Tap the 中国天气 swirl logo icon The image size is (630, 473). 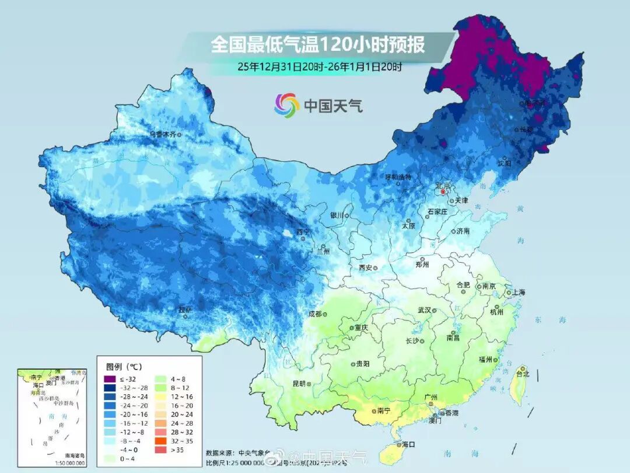[287, 105]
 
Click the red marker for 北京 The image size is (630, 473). [443, 192]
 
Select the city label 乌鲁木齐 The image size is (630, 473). [163, 134]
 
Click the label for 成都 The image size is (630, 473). [315, 314]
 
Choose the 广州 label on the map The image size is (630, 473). [431, 397]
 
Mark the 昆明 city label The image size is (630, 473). [299, 384]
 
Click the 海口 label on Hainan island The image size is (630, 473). [408, 444]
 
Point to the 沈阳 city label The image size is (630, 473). [505, 164]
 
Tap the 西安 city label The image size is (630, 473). [366, 268]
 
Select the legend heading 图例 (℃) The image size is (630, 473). [124, 367]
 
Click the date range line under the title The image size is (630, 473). [320, 66]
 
